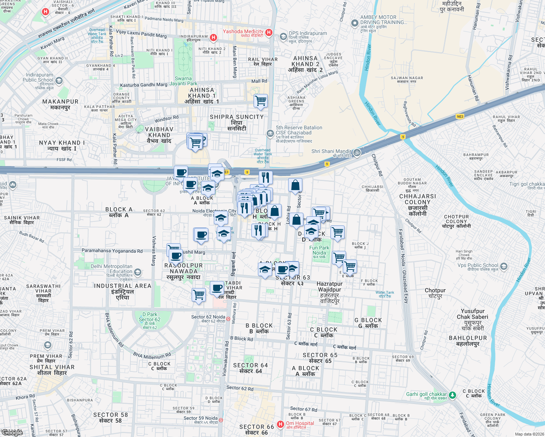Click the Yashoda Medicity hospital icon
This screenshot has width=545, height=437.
coord(269,32)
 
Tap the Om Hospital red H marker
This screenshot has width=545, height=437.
coord(280,424)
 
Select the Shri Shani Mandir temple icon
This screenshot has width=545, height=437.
coord(357,153)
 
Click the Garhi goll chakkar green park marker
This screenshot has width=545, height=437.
coord(452,395)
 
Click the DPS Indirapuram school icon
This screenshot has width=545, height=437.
coord(283,37)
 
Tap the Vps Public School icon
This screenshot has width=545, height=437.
coord(503,266)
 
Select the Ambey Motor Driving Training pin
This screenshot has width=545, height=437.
coord(354,23)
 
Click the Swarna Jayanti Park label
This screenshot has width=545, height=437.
coord(183,81)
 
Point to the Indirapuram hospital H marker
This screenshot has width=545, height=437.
coord(213,37)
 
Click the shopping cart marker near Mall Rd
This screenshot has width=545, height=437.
coord(260,101)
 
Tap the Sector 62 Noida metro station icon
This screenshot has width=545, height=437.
coord(228,319)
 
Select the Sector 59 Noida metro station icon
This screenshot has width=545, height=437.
coord(221,420)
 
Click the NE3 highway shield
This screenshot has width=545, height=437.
coord(460,117)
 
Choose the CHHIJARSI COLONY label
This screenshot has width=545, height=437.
coord(417,205)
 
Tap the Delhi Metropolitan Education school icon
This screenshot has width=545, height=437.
coord(138,272)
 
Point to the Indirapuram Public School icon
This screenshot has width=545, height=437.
coord(59,80)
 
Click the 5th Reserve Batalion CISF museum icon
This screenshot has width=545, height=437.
coord(270,134)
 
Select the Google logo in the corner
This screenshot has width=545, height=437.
coord(12,432)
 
